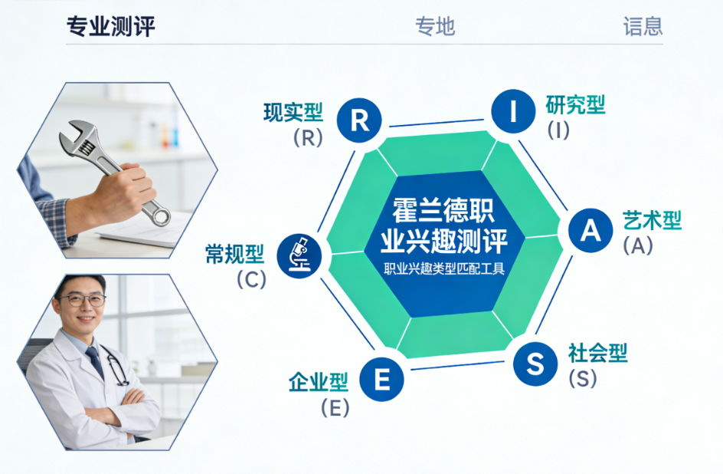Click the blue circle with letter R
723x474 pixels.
click(x=359, y=120)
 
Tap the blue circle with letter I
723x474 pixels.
click(x=513, y=111)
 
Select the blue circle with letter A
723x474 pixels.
click(x=591, y=230)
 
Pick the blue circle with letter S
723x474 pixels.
click(x=535, y=364)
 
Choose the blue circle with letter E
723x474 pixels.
click(x=381, y=380)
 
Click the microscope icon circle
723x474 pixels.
click(x=299, y=255)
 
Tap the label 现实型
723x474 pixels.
click(x=293, y=113)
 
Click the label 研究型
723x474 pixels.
click(x=575, y=105)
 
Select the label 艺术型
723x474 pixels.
click(x=652, y=220)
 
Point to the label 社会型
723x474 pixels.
click(x=598, y=353)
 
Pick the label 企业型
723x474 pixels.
click(x=319, y=382)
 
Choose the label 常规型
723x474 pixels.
click(x=234, y=255)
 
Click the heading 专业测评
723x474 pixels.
click(x=110, y=26)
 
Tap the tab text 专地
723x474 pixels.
click(x=435, y=26)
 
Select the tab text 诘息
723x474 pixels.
click(x=643, y=26)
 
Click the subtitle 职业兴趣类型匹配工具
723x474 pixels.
click(x=444, y=268)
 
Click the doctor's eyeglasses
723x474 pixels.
click(x=82, y=300)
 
